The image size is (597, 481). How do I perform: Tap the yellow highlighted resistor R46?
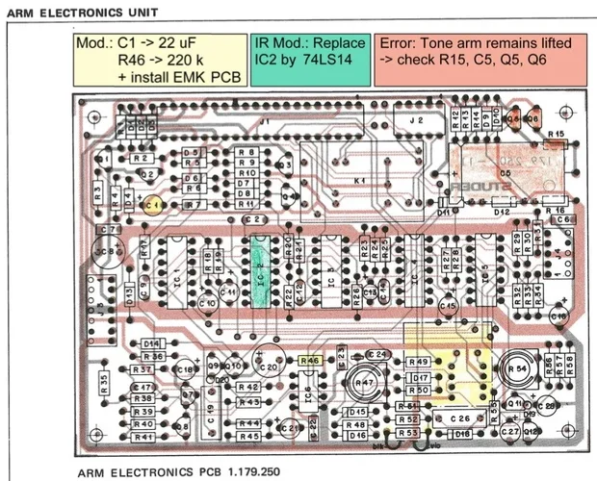tap(310, 360)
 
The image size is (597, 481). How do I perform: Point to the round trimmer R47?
tap(365, 384)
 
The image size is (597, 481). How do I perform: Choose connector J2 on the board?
tap(417, 121)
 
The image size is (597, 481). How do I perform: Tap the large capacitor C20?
tap(270, 366)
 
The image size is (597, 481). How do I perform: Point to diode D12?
tap(501, 211)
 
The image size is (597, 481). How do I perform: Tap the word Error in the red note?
tap(400, 44)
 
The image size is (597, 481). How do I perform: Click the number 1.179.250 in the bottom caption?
tap(245, 472)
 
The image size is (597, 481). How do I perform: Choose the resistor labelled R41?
tap(144, 437)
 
